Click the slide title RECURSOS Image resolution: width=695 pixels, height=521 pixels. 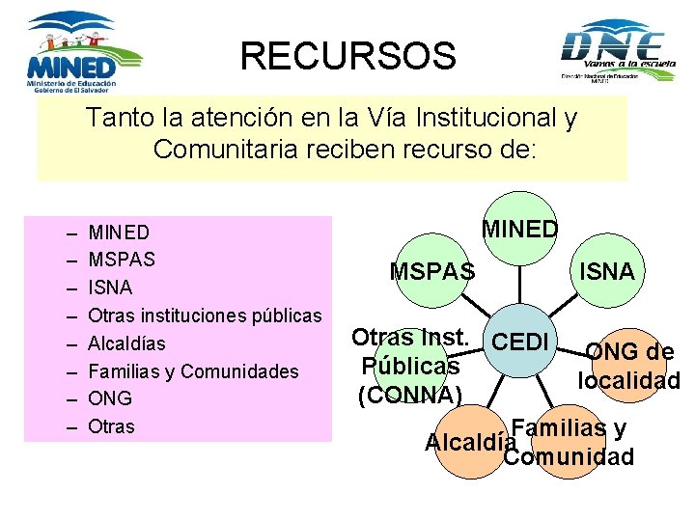(347, 56)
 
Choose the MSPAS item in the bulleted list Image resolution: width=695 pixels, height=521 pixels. (122, 260)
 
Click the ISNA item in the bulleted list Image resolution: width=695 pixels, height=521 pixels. (110, 288)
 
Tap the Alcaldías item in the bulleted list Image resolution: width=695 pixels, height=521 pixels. (126, 343)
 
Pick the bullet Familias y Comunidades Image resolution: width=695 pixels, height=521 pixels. (193, 371)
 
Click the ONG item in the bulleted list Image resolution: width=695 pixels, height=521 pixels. (110, 398)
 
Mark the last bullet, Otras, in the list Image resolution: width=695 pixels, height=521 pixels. (112, 426)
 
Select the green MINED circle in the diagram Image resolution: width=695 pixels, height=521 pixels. (519, 230)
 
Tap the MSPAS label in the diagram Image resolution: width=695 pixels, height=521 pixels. (432, 272)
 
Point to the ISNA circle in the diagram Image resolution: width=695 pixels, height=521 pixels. (606, 272)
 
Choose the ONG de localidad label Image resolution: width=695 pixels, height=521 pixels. (629, 366)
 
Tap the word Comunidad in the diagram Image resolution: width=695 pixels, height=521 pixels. (570, 456)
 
